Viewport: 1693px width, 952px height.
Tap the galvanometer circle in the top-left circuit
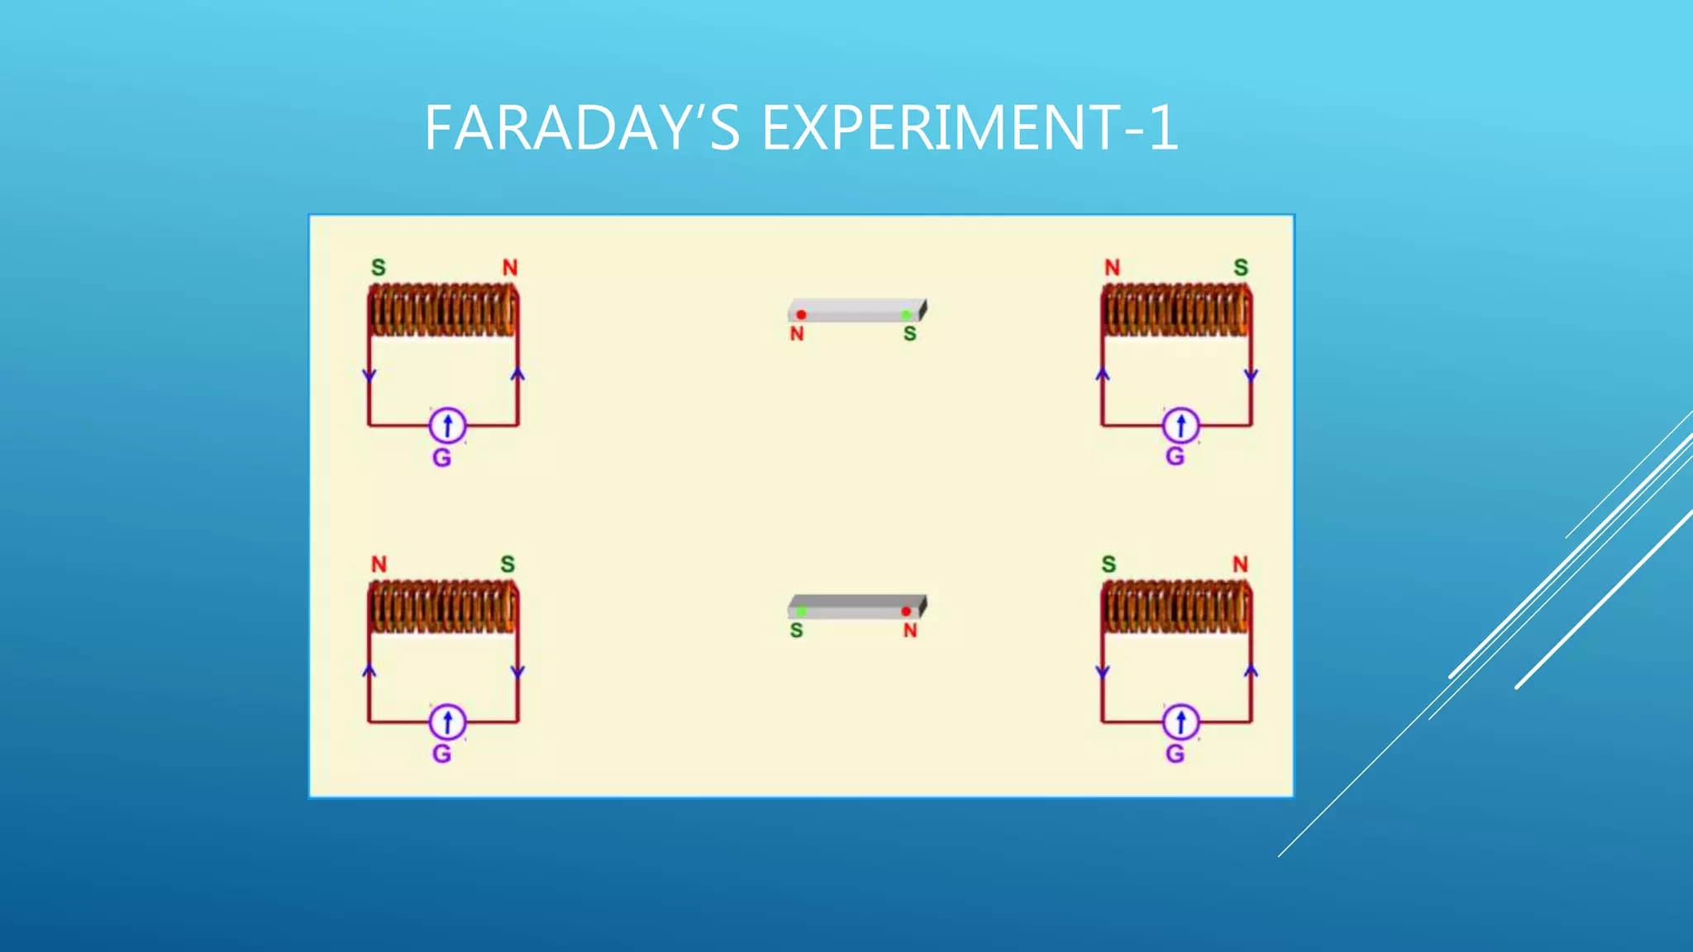(447, 426)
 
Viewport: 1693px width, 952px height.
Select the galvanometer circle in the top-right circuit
(1180, 426)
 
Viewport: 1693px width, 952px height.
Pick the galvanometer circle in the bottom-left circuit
(447, 722)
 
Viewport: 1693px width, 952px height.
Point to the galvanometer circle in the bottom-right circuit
(1180, 722)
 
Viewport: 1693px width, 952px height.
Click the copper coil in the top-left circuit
(443, 311)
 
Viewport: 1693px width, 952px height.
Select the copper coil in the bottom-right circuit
(1176, 607)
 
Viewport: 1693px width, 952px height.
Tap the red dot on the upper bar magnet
(801, 315)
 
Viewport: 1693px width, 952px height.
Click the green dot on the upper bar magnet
(906, 315)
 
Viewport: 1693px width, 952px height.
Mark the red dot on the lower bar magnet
(906, 612)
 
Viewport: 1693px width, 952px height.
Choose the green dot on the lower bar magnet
(801, 612)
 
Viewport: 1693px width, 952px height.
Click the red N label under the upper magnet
(797, 334)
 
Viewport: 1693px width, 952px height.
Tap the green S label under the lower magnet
(796, 631)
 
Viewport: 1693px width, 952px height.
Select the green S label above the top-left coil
(379, 268)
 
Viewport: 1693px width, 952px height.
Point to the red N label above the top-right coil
(1112, 268)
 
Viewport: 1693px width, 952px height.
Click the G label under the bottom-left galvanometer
(441, 754)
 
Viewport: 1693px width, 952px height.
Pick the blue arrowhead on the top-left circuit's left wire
(370, 376)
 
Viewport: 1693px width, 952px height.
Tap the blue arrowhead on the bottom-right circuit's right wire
(1251, 671)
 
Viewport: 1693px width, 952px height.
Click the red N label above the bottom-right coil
(1240, 564)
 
